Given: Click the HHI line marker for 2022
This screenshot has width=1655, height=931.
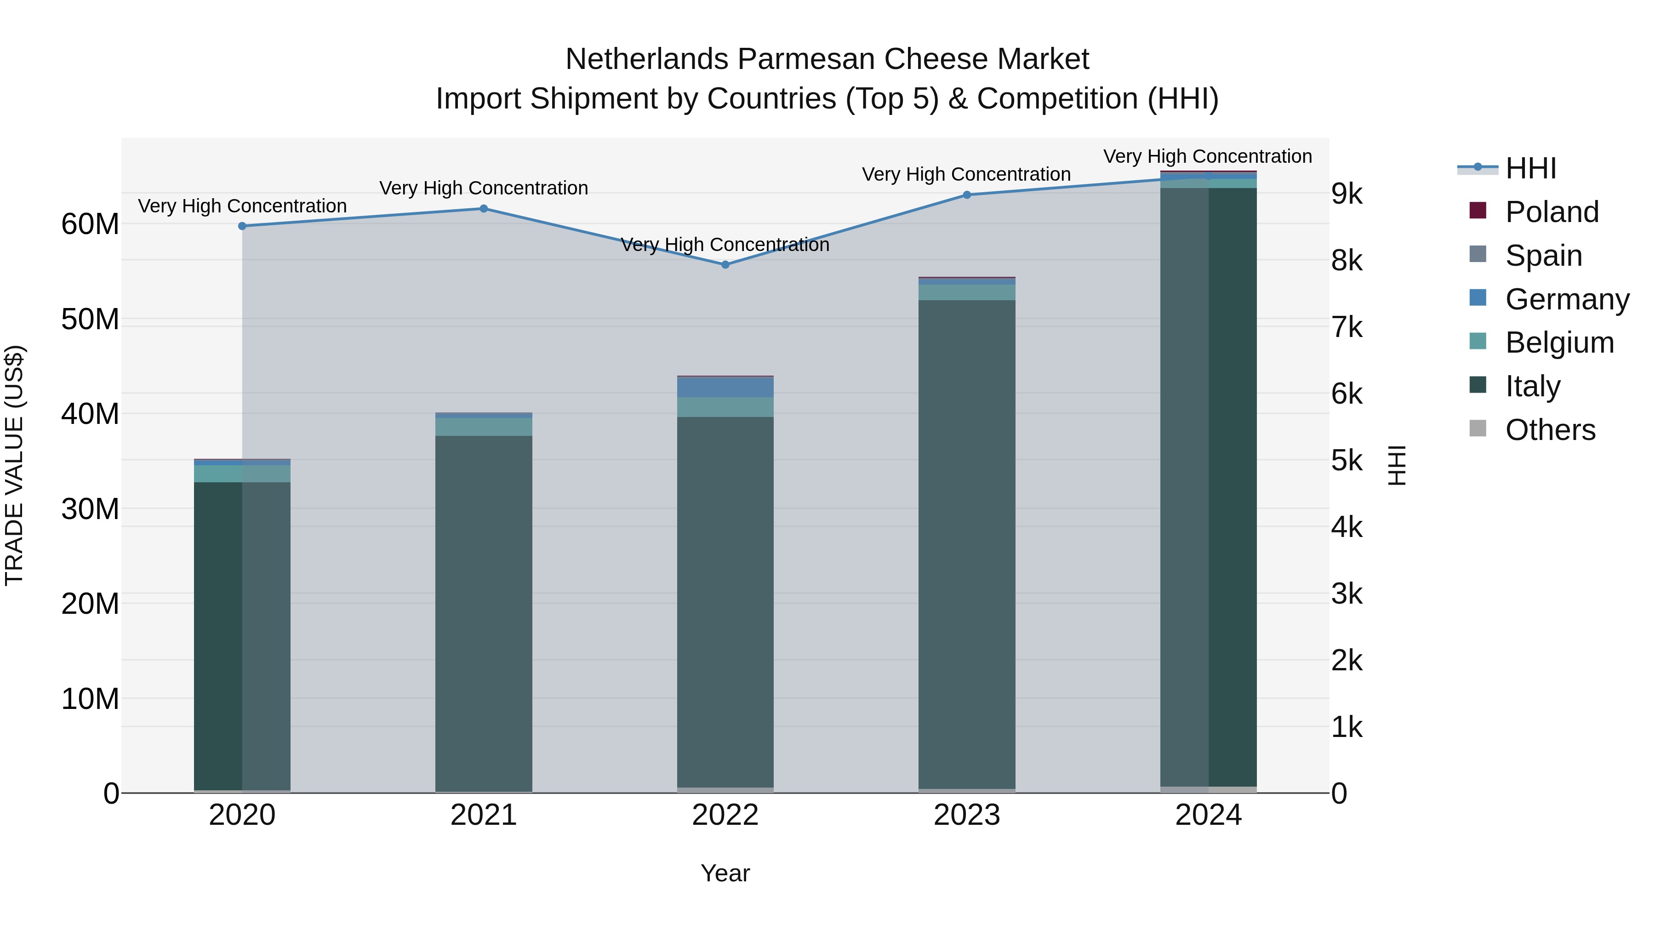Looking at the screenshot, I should pyautogui.click(x=725, y=265).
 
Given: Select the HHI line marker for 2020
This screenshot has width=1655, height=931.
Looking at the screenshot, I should pyautogui.click(x=242, y=226).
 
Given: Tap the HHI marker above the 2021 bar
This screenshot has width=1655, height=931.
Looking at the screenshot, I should pyautogui.click(x=484, y=209).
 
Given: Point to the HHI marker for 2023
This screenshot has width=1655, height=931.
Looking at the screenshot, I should pyautogui.click(x=967, y=194).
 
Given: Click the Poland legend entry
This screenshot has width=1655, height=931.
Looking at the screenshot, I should pyautogui.click(x=1552, y=212).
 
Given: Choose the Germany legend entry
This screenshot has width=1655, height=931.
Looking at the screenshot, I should pyautogui.click(x=1566, y=299).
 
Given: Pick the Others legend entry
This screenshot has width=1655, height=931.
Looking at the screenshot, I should pyautogui.click(x=1550, y=430).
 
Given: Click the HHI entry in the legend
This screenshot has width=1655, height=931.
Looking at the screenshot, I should pyautogui.click(x=1530, y=168).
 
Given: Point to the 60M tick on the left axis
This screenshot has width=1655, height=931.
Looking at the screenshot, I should pyautogui.click(x=90, y=224).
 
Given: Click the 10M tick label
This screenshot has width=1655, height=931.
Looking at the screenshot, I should pyautogui.click(x=90, y=698).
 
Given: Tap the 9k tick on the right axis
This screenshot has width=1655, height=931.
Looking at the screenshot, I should pyautogui.click(x=1347, y=194).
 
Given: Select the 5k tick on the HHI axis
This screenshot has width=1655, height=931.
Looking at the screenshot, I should pyautogui.click(x=1347, y=461).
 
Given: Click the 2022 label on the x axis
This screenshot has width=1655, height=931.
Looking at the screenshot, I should pyautogui.click(x=725, y=815).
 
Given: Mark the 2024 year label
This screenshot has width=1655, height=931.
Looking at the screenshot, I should pyautogui.click(x=1209, y=815).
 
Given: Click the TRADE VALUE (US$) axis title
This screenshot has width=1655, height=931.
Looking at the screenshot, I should pyautogui.click(x=14, y=465).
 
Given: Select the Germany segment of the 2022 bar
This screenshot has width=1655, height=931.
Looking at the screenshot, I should pyautogui.click(x=725, y=388).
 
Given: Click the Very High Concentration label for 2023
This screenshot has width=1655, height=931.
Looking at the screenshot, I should pyautogui.click(x=966, y=174).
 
